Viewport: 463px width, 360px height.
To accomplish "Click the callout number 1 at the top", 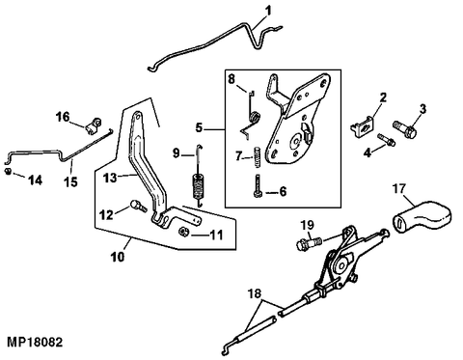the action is click(x=268, y=11).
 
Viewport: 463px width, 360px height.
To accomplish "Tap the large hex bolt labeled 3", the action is click(x=404, y=128).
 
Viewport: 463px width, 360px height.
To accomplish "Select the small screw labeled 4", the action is click(x=386, y=139).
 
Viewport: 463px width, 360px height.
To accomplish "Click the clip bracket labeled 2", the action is click(x=363, y=125).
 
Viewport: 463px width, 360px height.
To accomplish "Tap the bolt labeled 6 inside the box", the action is click(x=258, y=186).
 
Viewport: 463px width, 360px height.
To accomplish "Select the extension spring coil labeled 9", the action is click(x=199, y=185).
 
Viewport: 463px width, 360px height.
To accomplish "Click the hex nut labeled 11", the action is click(x=183, y=232).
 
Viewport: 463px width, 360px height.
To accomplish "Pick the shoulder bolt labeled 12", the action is click(x=138, y=206).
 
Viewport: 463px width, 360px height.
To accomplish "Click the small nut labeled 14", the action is click(x=8, y=171).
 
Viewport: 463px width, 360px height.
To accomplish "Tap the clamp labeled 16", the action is click(x=94, y=125).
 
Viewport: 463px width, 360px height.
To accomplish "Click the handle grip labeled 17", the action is click(x=422, y=215).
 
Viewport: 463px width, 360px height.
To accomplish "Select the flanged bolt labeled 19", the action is click(x=309, y=243).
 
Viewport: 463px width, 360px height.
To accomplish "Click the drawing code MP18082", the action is click(x=35, y=343).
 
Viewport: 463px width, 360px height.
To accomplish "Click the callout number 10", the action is click(x=118, y=257).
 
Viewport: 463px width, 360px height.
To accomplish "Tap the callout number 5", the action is click(x=199, y=128).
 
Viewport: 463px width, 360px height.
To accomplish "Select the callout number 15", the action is click(x=71, y=182).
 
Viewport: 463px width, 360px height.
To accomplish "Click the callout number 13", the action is click(x=110, y=178).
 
